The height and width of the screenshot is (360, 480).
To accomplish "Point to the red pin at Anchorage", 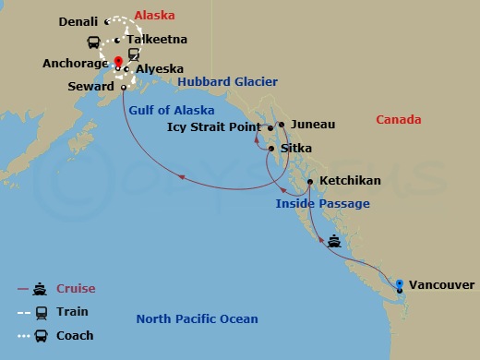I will click(119, 62).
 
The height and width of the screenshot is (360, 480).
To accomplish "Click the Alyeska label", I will click(159, 69).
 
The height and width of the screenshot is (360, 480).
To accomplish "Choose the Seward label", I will click(91, 87).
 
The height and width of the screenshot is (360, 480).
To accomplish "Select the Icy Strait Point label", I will click(215, 127).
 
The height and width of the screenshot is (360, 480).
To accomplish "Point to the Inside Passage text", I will click(322, 204).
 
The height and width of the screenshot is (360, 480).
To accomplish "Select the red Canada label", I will click(399, 120).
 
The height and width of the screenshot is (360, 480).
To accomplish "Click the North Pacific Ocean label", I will click(197, 319).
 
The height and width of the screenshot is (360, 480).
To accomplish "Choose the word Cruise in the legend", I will click(76, 289).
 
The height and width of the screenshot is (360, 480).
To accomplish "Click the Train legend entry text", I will click(72, 312).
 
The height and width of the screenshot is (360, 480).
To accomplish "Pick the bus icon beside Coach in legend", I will click(42, 336).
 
